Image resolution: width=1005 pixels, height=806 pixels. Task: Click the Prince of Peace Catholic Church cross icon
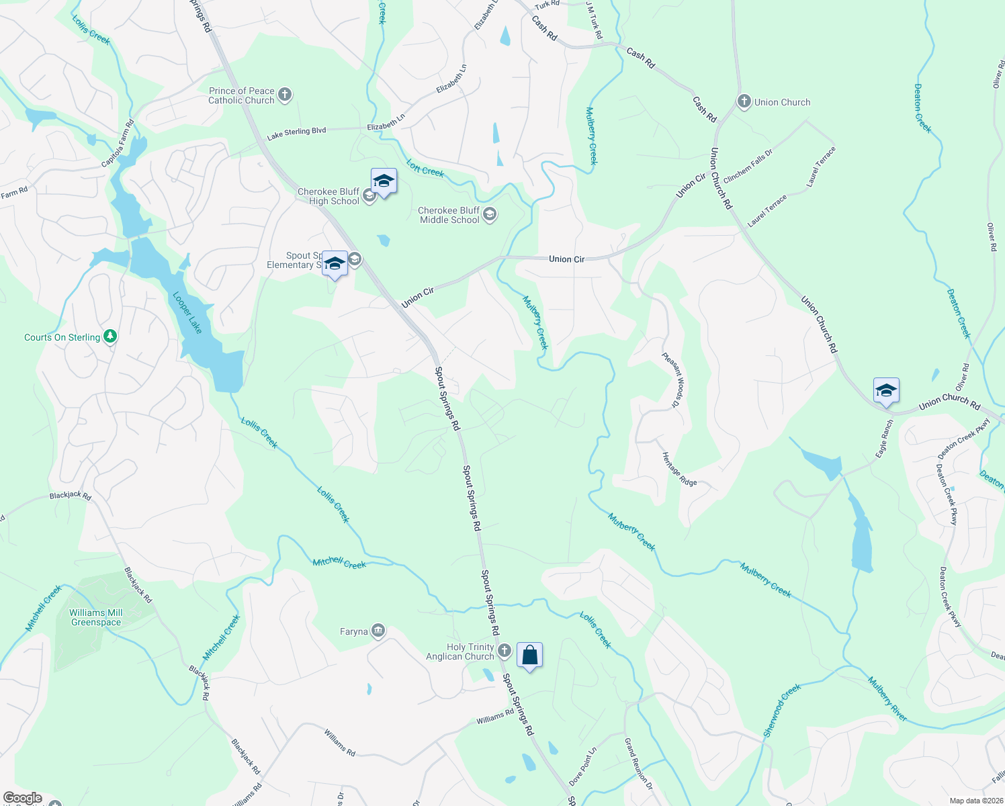tap(285, 95)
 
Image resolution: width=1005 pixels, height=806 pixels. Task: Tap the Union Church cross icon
tap(744, 102)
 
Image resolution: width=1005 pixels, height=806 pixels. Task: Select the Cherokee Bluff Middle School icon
tap(490, 214)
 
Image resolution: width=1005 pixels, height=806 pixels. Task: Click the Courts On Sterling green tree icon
tap(110, 337)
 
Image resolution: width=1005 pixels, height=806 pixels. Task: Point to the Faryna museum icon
tap(378, 631)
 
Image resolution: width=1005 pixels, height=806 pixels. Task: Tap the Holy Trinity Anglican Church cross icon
tap(504, 651)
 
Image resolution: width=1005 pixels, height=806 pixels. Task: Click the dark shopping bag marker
tap(529, 656)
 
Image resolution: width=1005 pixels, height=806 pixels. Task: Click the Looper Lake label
tap(187, 312)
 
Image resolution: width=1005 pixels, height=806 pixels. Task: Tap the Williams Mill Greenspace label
tap(96, 617)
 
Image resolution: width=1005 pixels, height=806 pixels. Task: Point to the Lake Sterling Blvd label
tap(296, 133)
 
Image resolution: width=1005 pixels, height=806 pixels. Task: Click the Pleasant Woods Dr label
tap(672, 379)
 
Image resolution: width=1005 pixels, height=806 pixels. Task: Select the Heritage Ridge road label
tap(679, 469)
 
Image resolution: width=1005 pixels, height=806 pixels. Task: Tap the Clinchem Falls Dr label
tap(748, 166)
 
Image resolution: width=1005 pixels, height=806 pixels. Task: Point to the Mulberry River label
tap(887, 699)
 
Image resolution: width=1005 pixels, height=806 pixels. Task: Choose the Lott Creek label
tap(425, 168)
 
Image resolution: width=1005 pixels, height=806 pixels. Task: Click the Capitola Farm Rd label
tap(118, 144)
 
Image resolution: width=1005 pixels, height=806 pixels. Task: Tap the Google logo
tap(23, 798)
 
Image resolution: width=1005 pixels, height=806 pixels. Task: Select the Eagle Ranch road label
tap(885, 439)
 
